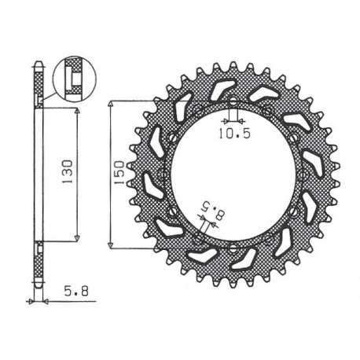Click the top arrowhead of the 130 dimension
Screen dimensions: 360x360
coord(78,112)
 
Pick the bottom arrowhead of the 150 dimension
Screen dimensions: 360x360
coord(111,244)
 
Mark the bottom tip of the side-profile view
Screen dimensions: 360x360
coord(39,283)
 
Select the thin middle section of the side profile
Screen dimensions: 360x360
coord(39,173)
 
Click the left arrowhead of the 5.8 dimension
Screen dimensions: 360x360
coord(32,301)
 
